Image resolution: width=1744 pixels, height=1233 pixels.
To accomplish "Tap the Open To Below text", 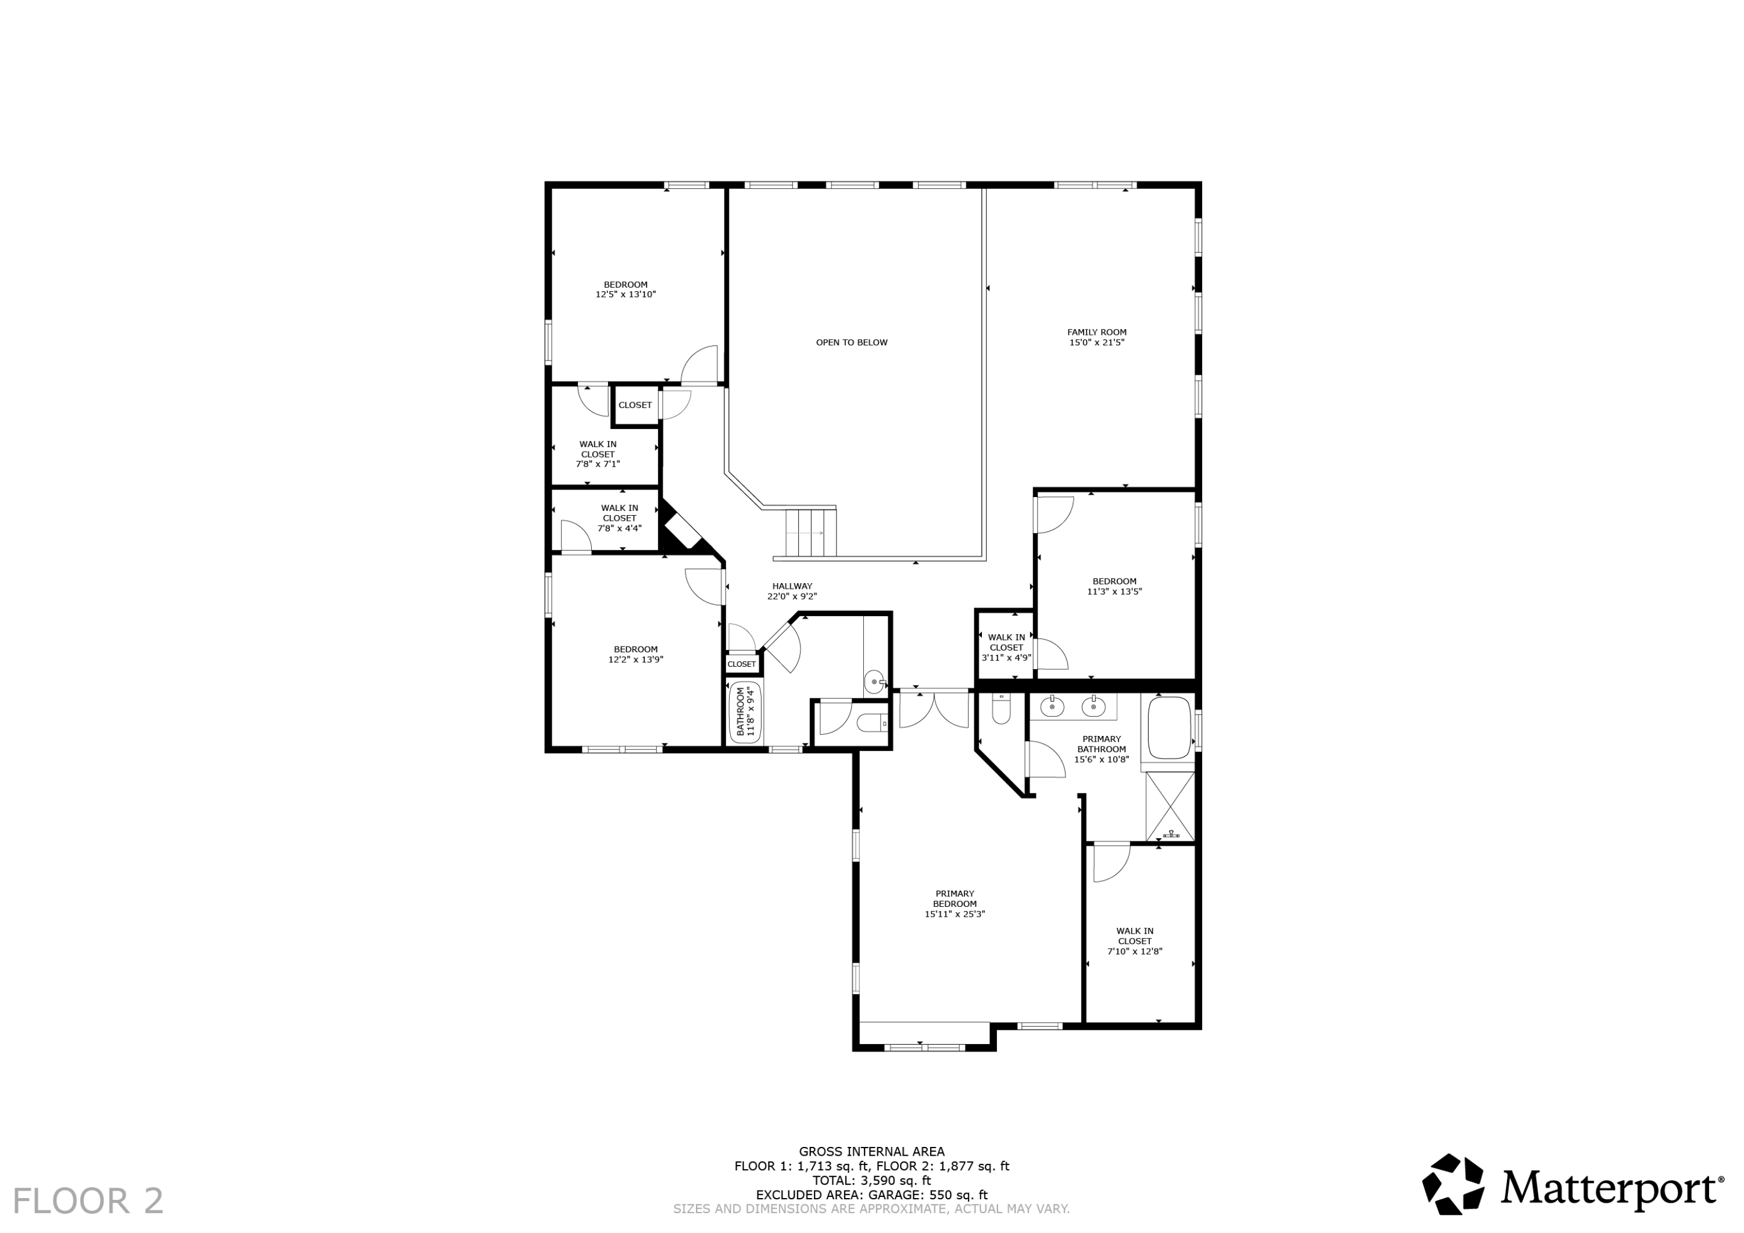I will (x=852, y=342).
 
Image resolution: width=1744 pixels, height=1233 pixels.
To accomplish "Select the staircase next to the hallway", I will (x=811, y=532).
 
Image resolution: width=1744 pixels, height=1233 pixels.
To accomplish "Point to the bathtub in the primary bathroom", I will (x=1168, y=727).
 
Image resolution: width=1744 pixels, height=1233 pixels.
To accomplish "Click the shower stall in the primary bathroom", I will (x=1170, y=805).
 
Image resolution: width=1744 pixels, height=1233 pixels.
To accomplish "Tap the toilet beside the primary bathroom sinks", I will (x=1001, y=710).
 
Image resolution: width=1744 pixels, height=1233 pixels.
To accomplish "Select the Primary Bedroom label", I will (x=954, y=904).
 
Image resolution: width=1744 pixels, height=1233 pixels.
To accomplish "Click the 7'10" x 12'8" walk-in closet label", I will (x=1134, y=941).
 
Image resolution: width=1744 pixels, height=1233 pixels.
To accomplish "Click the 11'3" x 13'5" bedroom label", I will (x=1114, y=587).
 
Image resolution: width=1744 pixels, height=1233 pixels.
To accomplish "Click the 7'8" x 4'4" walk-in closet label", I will (x=619, y=518).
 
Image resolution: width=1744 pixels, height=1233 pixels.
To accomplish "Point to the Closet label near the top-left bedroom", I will (x=634, y=405).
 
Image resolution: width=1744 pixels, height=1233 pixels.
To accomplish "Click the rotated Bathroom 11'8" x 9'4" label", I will (x=746, y=712).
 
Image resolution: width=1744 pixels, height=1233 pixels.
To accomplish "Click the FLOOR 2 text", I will (x=88, y=1201).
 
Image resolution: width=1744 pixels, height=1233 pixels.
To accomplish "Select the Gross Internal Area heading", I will (x=871, y=1152).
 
